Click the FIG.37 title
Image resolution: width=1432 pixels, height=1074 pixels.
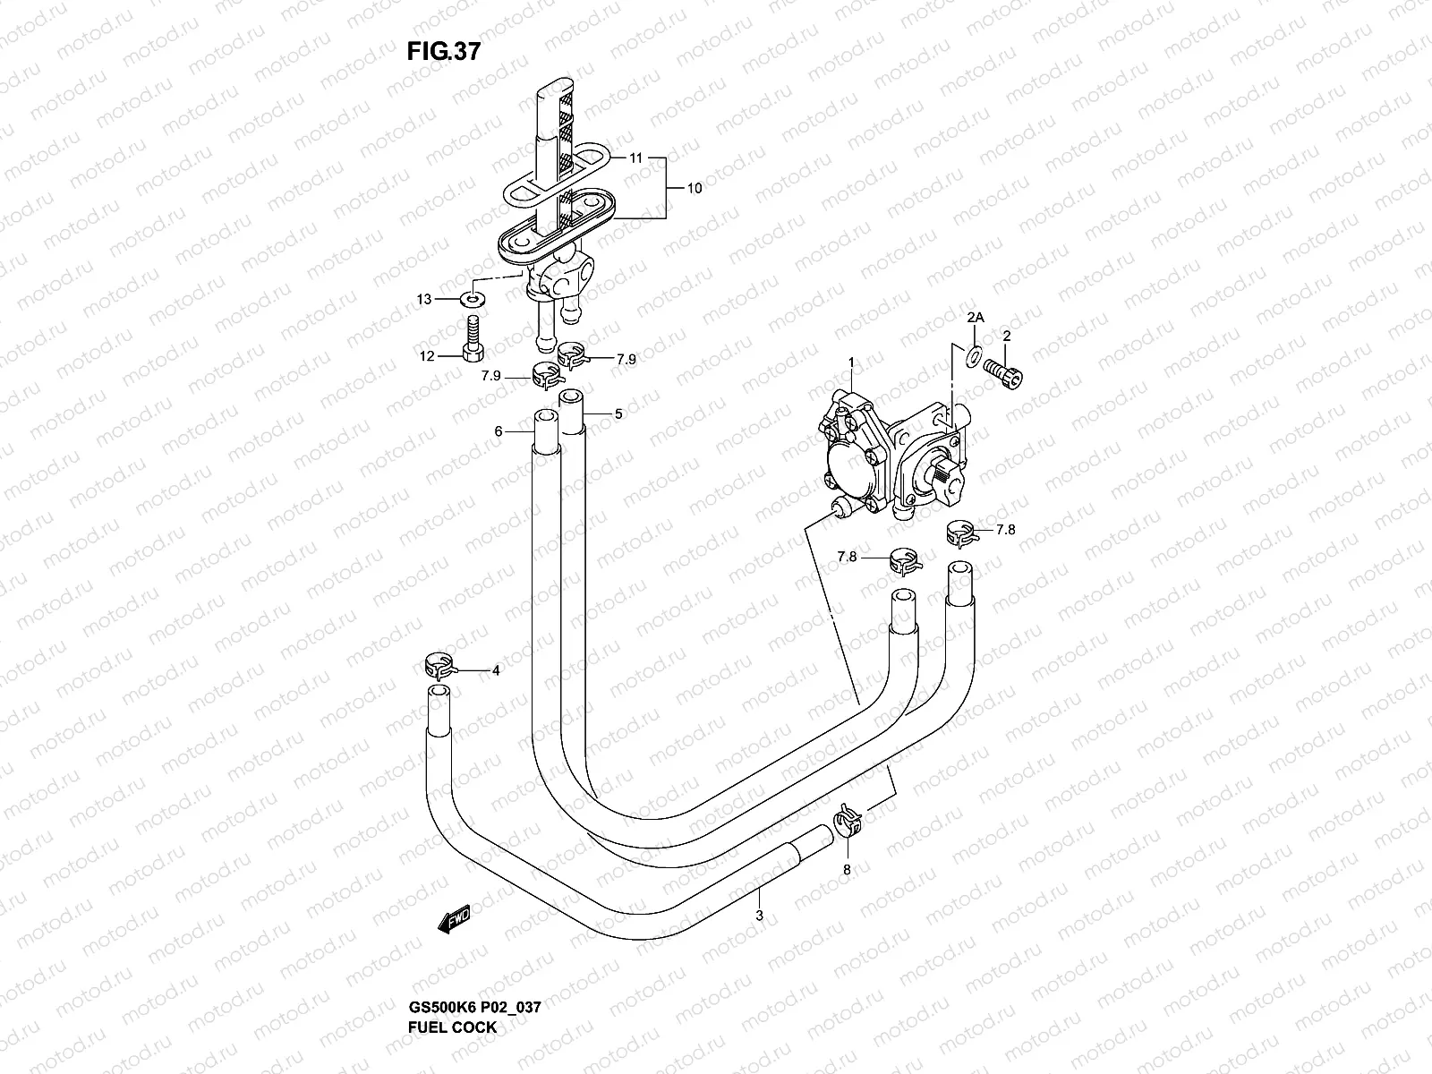(443, 51)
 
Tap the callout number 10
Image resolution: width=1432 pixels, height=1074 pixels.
(694, 189)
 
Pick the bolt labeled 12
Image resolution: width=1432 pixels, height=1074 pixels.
(473, 337)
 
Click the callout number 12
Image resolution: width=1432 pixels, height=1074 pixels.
(426, 356)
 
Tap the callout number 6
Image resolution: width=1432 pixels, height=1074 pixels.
(499, 431)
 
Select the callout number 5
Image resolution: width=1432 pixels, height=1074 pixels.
(618, 414)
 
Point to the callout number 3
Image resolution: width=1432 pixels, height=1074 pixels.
(759, 915)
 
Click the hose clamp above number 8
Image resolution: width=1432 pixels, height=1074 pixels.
(848, 819)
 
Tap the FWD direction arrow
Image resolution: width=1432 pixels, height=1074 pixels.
(455, 919)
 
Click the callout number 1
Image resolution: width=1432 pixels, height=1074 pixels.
(852, 362)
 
